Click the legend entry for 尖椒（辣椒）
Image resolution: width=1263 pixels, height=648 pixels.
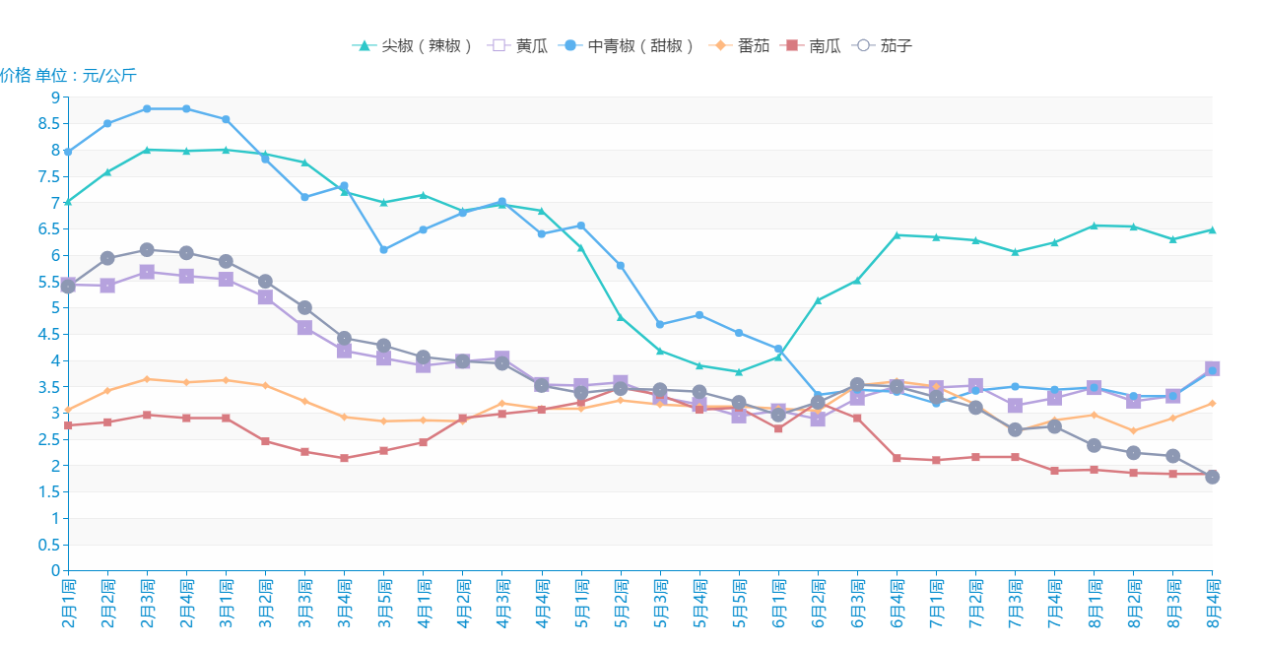pos(414,45)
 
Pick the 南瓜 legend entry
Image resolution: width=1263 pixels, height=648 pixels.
pos(813,45)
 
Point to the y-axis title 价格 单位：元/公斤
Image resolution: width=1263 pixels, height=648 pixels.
pos(68,76)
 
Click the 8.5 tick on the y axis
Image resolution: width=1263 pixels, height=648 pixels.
pos(49,124)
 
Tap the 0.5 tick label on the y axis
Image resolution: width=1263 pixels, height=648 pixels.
pos(49,545)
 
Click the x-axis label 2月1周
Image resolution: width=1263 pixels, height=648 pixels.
pos(68,603)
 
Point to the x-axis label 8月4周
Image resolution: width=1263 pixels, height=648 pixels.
pos(1212,603)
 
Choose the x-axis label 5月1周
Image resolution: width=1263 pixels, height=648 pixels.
pos(581,603)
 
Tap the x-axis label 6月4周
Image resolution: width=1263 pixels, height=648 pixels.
pos(897,603)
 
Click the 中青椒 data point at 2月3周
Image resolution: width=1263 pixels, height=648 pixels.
pos(147,108)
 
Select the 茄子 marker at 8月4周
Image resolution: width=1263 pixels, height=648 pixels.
pos(1212,477)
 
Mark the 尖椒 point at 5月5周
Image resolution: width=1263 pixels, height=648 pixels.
pos(739,372)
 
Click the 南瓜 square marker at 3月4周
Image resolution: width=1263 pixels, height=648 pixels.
pos(344,458)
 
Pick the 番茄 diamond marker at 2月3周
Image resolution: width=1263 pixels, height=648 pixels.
pos(147,379)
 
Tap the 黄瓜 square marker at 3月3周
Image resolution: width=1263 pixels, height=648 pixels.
pos(304,327)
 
